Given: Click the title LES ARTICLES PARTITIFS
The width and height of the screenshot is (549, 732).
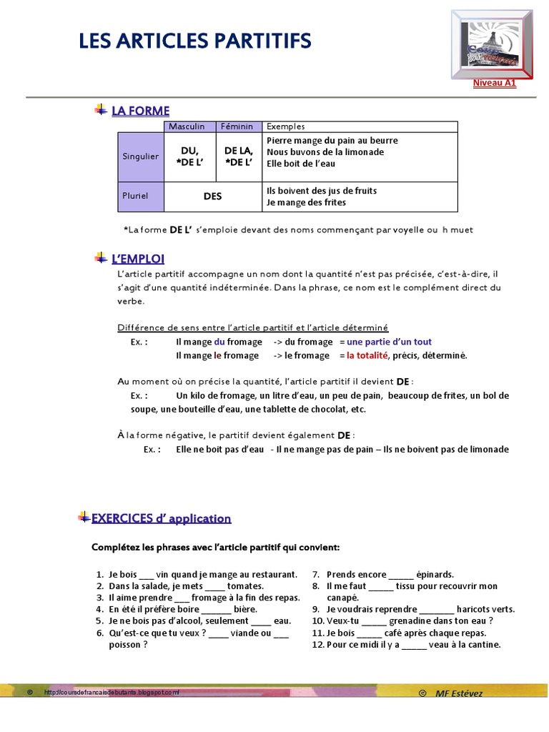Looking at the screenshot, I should [x=194, y=41].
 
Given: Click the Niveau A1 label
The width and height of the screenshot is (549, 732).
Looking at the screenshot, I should [x=494, y=83].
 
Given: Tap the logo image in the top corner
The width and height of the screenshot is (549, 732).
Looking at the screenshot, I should [x=493, y=44].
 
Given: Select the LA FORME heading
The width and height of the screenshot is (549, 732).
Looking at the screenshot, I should [x=140, y=110].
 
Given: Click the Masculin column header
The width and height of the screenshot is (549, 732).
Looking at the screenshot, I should [x=187, y=127].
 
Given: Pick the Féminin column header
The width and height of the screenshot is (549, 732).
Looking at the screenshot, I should [x=237, y=127].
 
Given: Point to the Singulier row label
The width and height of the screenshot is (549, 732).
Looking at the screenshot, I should [x=140, y=157].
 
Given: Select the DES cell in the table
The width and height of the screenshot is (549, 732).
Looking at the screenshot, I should [x=212, y=197].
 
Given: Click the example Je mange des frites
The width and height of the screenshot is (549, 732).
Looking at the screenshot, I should [x=306, y=202].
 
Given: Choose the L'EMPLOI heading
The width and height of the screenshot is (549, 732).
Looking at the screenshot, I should [x=138, y=258].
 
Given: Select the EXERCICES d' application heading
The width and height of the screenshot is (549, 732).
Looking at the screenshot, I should [x=161, y=518].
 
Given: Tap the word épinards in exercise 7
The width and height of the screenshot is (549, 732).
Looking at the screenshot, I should [x=435, y=575].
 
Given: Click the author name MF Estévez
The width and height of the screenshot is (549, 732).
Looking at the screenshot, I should [x=459, y=693].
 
